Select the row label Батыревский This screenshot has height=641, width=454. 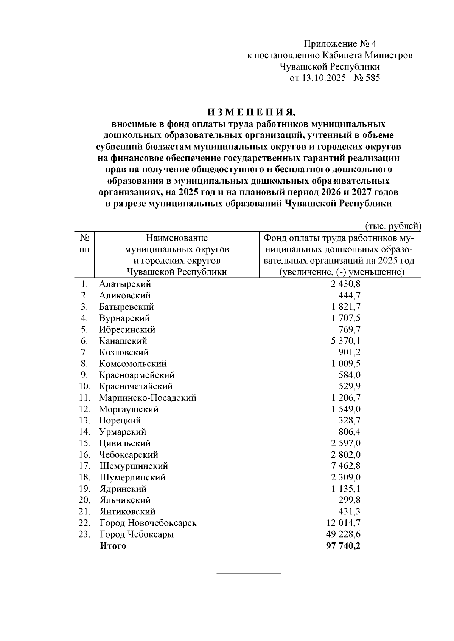click(x=126, y=307)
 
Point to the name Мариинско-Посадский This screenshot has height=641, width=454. click(x=148, y=398)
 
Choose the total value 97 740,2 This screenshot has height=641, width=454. click(x=343, y=546)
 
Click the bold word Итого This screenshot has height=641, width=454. click(x=113, y=546)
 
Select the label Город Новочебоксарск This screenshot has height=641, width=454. click(x=148, y=523)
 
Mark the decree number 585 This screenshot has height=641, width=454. click(x=373, y=78)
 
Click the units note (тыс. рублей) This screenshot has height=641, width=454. click(x=393, y=226)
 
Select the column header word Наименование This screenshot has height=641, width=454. click(x=177, y=238)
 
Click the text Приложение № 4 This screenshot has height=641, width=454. click(x=340, y=44)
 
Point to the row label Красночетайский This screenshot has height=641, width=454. click(x=136, y=386)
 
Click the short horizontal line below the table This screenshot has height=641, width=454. click(x=249, y=573)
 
